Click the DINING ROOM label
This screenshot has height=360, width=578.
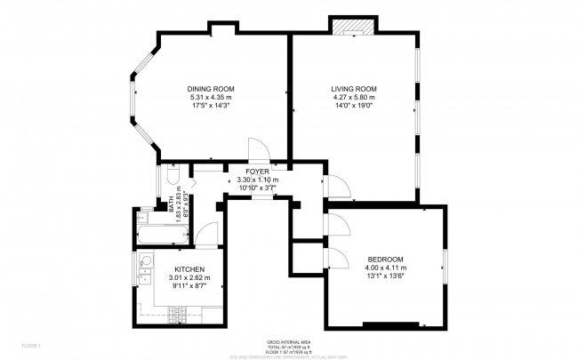(x=210, y=89)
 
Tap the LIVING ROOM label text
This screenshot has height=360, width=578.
(x=354, y=89)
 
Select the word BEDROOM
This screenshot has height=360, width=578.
(x=386, y=259)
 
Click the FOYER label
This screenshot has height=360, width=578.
(x=258, y=171)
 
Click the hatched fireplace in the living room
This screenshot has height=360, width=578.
(x=349, y=25)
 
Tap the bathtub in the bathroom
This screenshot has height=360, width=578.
(x=162, y=236)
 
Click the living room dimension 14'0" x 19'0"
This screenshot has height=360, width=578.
(x=354, y=106)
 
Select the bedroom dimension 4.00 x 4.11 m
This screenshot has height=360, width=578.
(x=386, y=267)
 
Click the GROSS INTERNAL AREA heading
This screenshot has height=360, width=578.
(x=288, y=341)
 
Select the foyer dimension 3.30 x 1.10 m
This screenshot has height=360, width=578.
(x=258, y=179)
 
